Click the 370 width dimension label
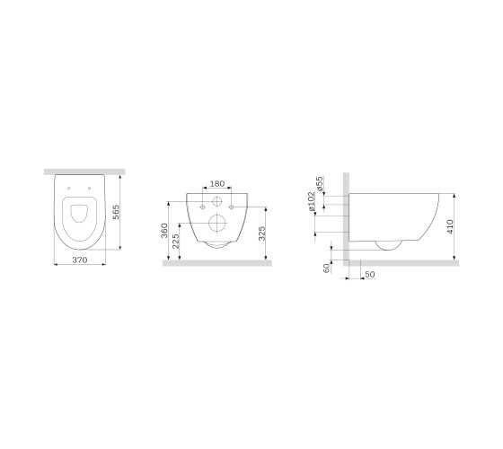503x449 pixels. [80, 260]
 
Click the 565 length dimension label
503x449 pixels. [116, 212]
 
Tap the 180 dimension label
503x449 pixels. [216, 184]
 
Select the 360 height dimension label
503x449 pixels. [164, 231]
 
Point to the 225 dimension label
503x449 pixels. [175, 242]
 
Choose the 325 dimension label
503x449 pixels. [262, 233]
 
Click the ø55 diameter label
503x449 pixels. [320, 184]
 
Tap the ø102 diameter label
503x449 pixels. [312, 201]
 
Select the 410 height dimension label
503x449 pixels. [450, 226]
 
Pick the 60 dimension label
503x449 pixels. [327, 269]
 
